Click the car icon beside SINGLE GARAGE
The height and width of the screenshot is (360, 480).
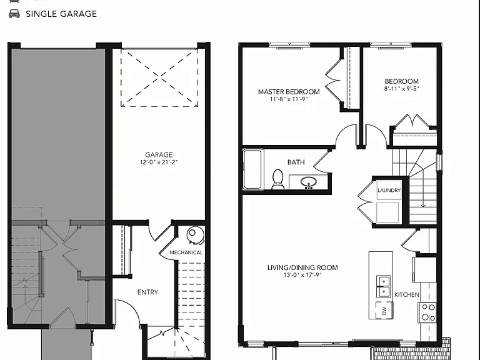coord(14,14)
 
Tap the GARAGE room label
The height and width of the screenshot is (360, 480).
coord(159,154)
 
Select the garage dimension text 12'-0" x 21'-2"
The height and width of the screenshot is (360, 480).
coord(159,162)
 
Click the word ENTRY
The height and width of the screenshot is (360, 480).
coord(148,292)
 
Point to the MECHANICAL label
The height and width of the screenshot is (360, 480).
coord(186,252)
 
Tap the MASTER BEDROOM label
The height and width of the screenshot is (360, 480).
coord(289,91)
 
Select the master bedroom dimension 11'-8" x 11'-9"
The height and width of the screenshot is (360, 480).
coord(289,99)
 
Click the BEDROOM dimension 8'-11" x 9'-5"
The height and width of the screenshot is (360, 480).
coord(402,89)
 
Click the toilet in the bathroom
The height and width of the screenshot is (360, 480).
coord(277,179)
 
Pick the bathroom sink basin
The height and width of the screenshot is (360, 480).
coord(309,182)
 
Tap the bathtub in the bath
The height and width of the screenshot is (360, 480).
coord(253,169)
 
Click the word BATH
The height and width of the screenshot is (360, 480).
coord(296,162)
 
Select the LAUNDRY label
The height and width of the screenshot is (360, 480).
coord(389,190)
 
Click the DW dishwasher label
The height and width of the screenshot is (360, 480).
coord(384,311)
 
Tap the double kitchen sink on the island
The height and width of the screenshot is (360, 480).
coord(383,286)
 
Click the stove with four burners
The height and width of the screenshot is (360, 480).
coord(427,312)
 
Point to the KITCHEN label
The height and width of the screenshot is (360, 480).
coord(407,295)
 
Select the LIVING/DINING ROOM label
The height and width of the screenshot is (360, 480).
coord(302,267)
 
